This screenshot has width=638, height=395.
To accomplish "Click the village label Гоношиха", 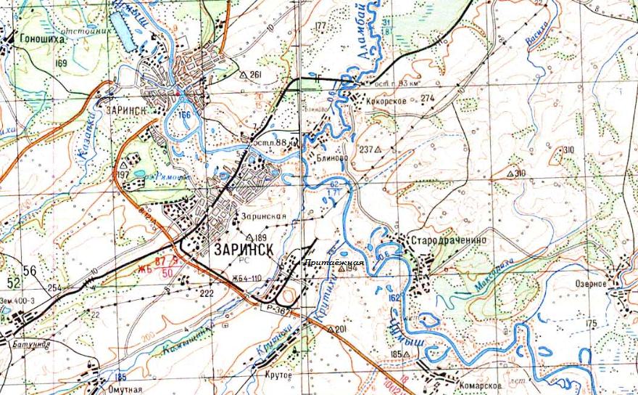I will coord(43,40).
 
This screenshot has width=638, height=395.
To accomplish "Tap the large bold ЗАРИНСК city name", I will coord(244,248).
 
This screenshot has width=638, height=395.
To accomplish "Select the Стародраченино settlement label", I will coord(447,240).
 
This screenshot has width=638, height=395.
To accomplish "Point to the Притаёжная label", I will coord(333,261).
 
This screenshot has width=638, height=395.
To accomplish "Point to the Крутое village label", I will coord(280,375).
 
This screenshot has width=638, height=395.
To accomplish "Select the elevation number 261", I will coord(254,75).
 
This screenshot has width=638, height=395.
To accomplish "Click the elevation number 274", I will coord(427,98).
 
